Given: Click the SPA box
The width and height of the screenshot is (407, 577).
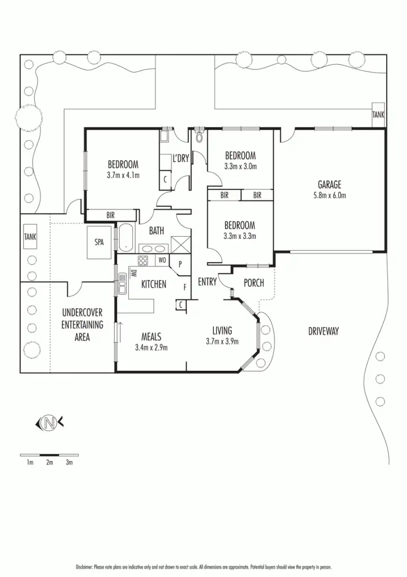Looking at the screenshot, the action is [99, 242].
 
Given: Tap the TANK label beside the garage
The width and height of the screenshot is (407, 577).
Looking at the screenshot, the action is [379, 114].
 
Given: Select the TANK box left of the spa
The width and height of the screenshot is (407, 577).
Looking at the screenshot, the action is [30, 237].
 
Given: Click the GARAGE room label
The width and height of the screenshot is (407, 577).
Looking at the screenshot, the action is [329, 184].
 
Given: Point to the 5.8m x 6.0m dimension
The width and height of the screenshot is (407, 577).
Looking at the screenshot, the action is [329, 196].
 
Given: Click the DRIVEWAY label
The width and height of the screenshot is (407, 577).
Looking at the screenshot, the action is [324, 331].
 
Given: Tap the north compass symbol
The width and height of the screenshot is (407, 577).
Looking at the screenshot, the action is [50, 422].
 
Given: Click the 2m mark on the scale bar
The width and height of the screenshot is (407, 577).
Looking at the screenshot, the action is [50, 463].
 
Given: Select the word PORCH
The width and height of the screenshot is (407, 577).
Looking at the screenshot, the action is [254, 283].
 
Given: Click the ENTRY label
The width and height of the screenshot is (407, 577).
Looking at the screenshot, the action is [207, 282].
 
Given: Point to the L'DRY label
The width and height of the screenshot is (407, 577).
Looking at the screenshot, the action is [181, 158].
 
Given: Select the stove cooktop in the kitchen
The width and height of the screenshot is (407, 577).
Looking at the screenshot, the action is [143, 260].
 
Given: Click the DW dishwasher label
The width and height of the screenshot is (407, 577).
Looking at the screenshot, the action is [133, 274].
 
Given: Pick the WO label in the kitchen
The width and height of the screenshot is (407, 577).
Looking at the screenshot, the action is [162, 260].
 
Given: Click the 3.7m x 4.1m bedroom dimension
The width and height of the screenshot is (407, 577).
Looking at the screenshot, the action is [123, 175].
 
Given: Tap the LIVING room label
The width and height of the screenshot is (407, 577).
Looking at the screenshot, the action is [222, 330].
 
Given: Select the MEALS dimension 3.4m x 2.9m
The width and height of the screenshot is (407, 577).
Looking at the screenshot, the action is [151, 347].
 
